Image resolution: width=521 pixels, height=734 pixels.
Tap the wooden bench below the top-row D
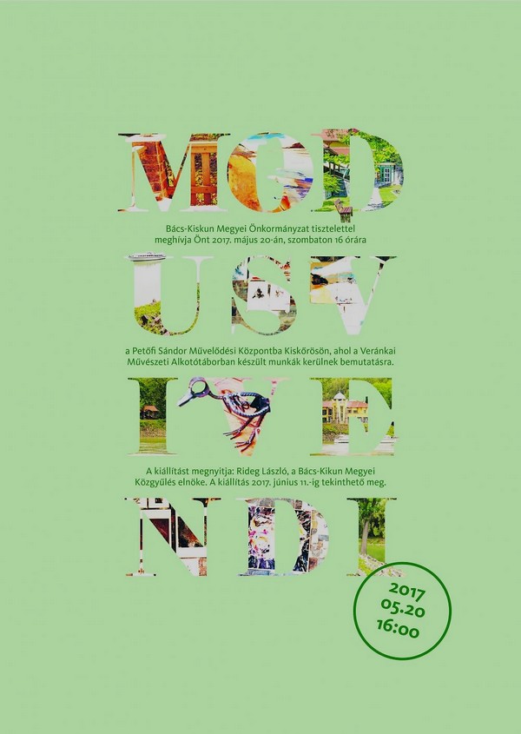(343, 209)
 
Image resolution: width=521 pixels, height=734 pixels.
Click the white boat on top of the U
(147, 256)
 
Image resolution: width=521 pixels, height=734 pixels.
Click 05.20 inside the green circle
(403, 609)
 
